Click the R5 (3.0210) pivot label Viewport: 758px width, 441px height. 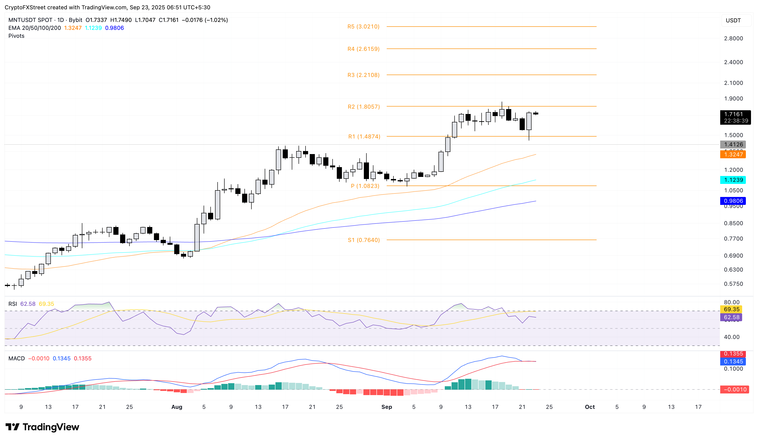(363, 26)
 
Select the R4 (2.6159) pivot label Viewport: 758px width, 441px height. (363, 49)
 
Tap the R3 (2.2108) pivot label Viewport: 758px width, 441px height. (363, 75)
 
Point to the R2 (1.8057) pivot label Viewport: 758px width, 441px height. (363, 107)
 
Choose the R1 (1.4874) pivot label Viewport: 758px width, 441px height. (364, 137)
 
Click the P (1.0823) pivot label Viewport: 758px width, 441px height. (365, 186)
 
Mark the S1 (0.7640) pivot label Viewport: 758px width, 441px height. (364, 240)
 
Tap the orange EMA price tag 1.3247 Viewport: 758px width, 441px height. (733, 155)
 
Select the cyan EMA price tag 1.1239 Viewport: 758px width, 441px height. (733, 180)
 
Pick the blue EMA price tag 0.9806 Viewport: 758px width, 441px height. (733, 201)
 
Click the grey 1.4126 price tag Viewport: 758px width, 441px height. (733, 144)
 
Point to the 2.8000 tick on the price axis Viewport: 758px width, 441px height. (733, 38)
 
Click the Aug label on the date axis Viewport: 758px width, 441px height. (177, 407)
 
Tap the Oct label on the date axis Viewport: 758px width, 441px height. (590, 407)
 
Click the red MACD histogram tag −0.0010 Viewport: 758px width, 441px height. (734, 389)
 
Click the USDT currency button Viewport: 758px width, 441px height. (733, 21)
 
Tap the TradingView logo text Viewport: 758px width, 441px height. (51, 427)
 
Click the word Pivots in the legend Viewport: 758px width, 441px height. (16, 36)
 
